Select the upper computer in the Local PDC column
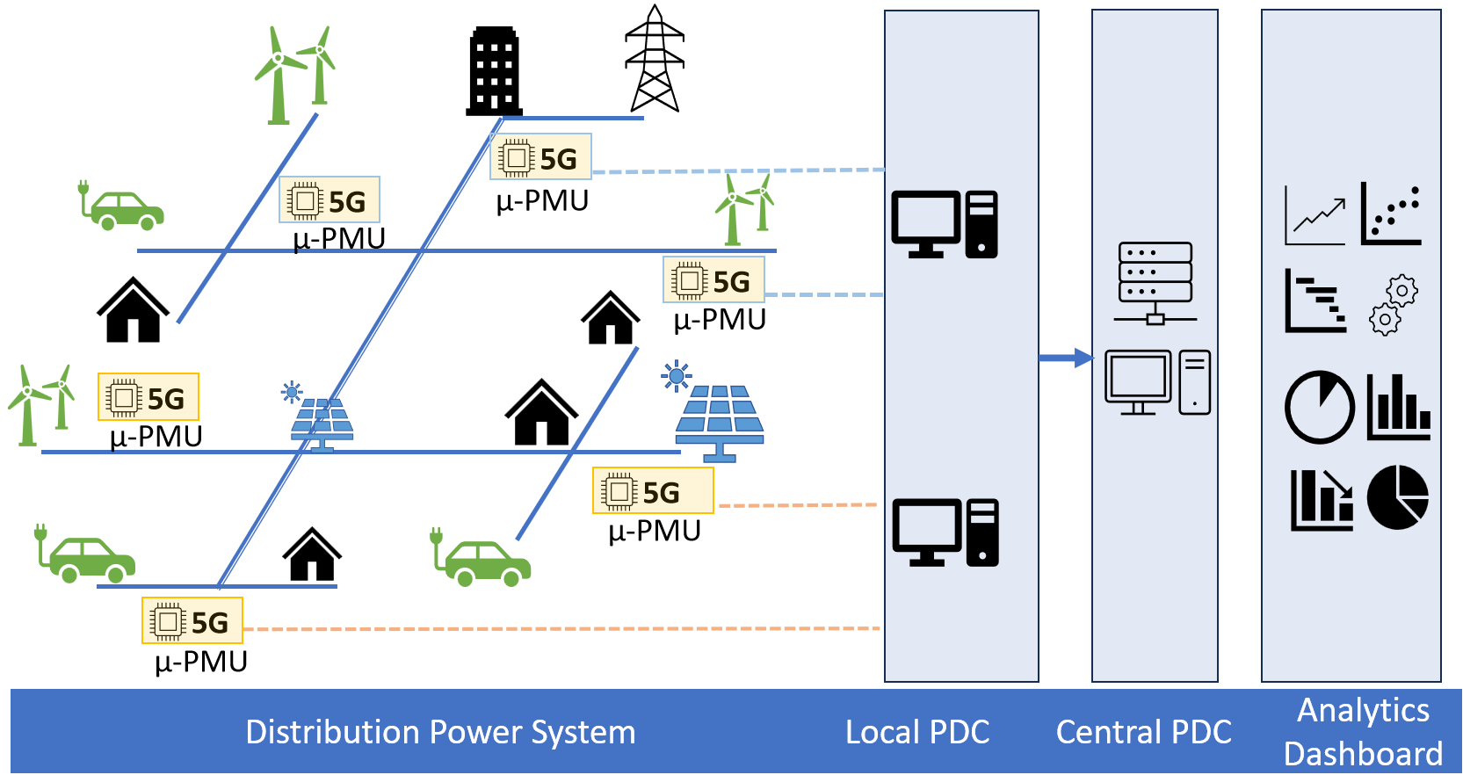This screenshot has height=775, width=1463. click(x=945, y=224)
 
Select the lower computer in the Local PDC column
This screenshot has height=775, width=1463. click(x=945, y=532)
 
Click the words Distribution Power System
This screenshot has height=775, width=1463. click(x=440, y=732)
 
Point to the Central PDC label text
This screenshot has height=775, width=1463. click(x=1143, y=732)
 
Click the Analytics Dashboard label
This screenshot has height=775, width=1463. click(x=1363, y=732)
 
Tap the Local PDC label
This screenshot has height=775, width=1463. click(x=917, y=732)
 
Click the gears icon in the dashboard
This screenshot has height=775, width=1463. click(x=1394, y=305)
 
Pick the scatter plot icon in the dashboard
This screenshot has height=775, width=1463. click(x=1391, y=214)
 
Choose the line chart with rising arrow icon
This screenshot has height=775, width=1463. click(x=1315, y=215)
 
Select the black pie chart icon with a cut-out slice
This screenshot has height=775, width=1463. click(x=1398, y=497)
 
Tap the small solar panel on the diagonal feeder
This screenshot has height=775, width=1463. click(x=322, y=423)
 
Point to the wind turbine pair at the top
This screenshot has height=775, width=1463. click(x=295, y=75)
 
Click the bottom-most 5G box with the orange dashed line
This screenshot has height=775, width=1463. click(x=192, y=620)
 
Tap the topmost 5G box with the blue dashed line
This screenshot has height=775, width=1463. click(x=540, y=157)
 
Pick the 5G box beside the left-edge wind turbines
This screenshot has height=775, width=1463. click(x=148, y=397)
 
